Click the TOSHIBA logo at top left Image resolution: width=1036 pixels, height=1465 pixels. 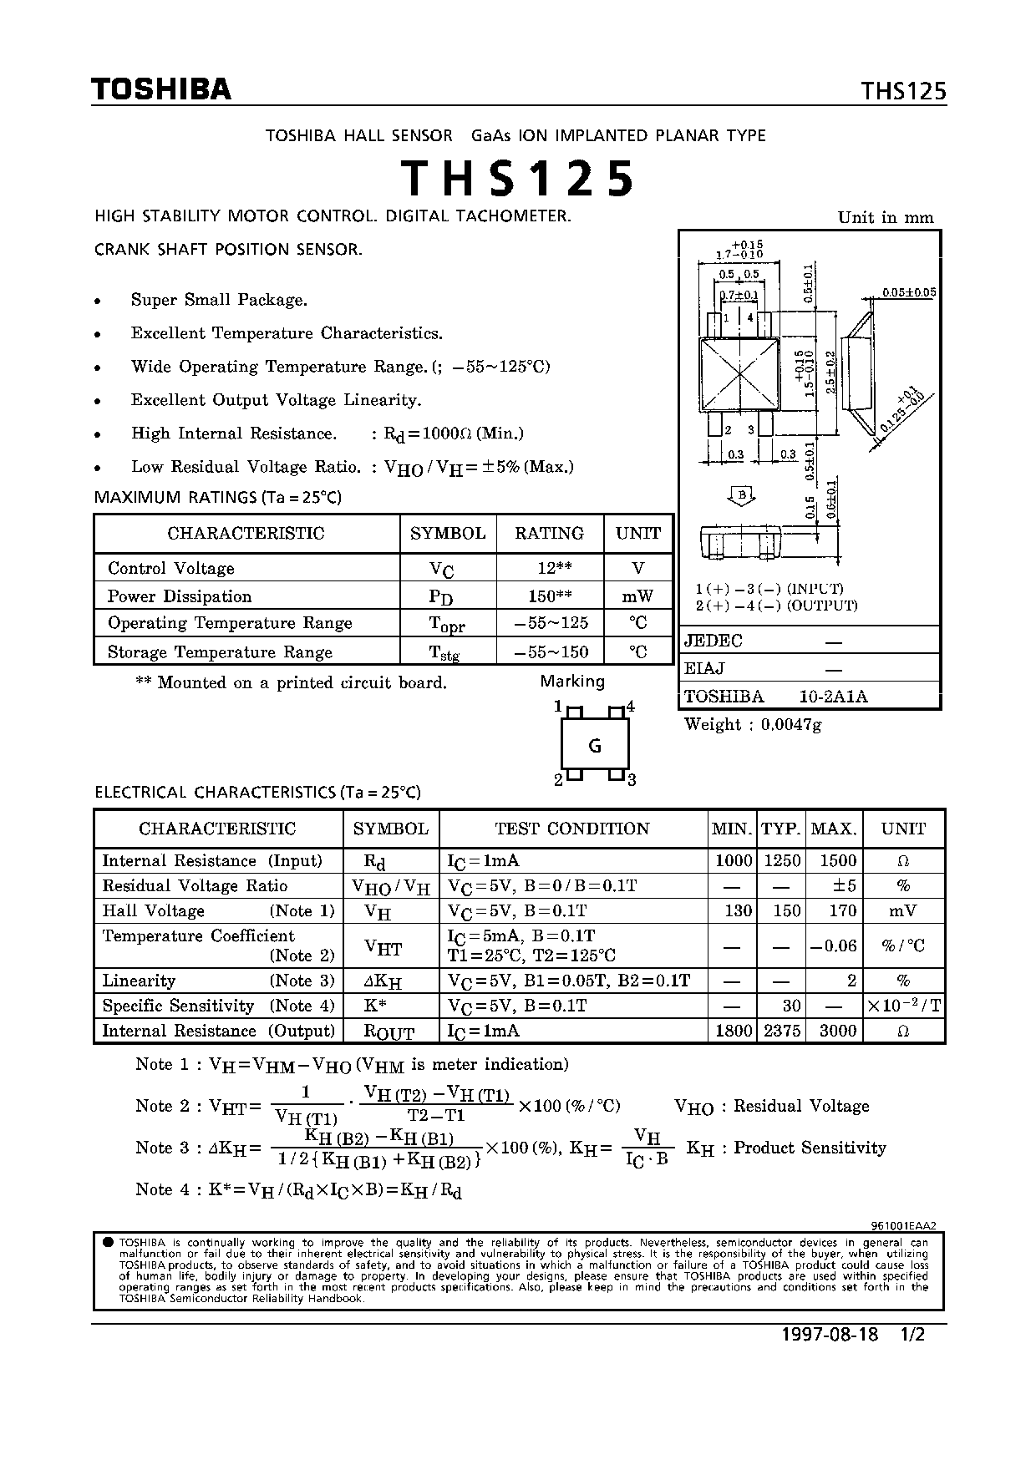coord(161,89)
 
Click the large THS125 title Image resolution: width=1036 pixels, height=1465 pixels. coord(517,178)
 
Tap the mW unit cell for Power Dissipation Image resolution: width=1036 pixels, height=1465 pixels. coord(637,596)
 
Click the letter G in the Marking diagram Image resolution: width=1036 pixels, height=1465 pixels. coord(595,746)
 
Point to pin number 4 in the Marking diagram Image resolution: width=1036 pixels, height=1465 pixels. coord(631,707)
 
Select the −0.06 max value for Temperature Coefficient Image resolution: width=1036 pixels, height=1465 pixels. coord(833,945)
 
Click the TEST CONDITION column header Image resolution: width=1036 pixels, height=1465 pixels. coord(572,829)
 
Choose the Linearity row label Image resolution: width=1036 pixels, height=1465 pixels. coord(139,981)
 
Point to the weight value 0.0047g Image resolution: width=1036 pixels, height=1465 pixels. coord(790,725)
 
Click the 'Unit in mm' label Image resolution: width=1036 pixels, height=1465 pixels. coord(886,217)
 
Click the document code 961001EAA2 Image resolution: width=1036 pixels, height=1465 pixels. coord(902,1226)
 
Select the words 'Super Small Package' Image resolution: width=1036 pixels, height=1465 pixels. coord(219,300)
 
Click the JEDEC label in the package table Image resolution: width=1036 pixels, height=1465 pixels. coord(713,641)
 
